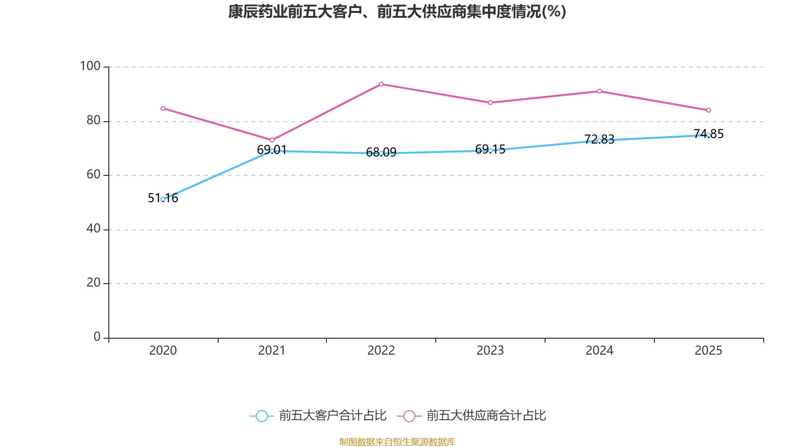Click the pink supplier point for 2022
point(381,84)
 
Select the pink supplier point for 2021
point(272,140)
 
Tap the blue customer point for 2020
point(163,199)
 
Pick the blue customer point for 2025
point(709,135)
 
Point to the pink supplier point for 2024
point(600,91)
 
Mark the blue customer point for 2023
point(490,150)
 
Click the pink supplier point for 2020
point(163,108)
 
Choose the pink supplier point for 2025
point(709,110)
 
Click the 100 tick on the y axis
point(90,66)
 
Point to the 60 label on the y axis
point(93,174)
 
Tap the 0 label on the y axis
point(97,337)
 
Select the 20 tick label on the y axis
point(93,283)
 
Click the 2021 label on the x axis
point(272,351)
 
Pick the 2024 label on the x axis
point(600,351)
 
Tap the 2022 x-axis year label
point(381,351)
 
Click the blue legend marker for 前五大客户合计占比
point(261,416)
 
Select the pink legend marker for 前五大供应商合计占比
point(409,416)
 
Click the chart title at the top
point(397,11)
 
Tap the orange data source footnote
point(397,442)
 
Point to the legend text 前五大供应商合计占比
point(486,416)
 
